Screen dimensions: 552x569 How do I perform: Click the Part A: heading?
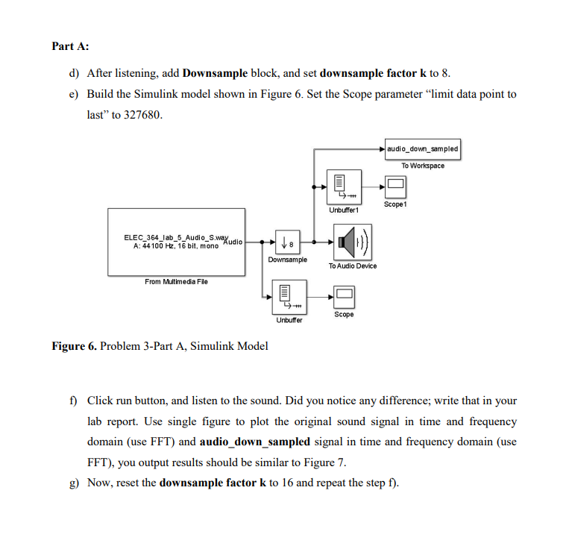click(x=70, y=46)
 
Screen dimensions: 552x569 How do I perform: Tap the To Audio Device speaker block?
click(x=351, y=242)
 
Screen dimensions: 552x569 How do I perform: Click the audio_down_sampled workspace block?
click(x=423, y=149)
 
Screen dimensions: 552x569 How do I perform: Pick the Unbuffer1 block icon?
click(x=344, y=186)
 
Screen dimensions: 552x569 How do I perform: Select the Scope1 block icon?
click(x=395, y=184)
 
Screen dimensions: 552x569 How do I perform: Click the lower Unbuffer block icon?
click(x=287, y=298)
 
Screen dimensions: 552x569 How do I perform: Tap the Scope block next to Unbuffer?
click(x=344, y=295)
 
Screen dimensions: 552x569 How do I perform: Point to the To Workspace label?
click(x=423, y=166)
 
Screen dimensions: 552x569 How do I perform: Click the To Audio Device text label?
click(x=352, y=266)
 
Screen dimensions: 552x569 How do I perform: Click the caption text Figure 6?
click(x=74, y=345)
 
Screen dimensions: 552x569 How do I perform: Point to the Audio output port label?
click(x=233, y=242)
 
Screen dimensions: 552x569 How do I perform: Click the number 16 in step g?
click(x=274, y=482)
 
